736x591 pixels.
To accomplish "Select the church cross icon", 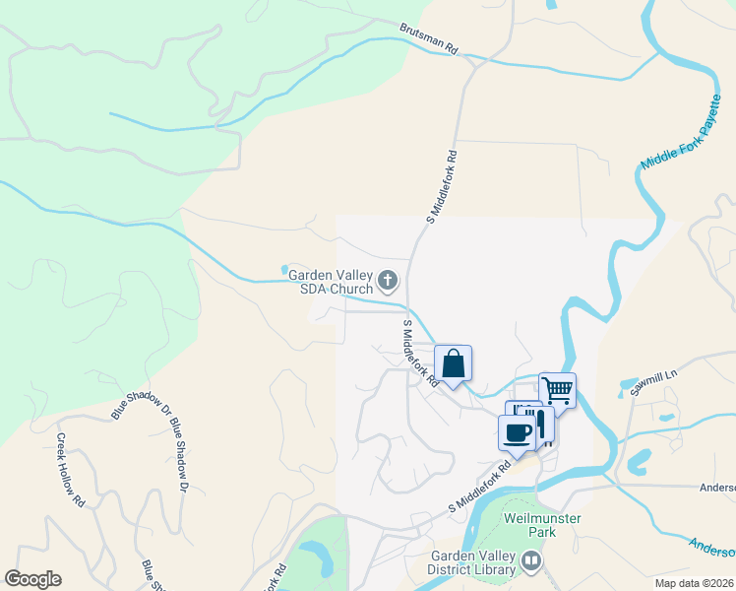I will pyautogui.click(x=389, y=283).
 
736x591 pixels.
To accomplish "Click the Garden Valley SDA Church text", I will pyautogui.click(x=331, y=282).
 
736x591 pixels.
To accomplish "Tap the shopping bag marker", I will pyautogui.click(x=453, y=363).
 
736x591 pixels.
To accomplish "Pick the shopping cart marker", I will pyautogui.click(x=557, y=389).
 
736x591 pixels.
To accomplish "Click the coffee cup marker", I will pyautogui.click(x=518, y=431).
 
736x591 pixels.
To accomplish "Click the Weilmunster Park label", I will pyautogui.click(x=542, y=524).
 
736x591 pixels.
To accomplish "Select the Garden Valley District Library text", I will pyautogui.click(x=471, y=561).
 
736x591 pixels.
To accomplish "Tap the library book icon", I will pyautogui.click(x=532, y=561).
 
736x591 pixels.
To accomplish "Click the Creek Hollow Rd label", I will pyautogui.click(x=68, y=469).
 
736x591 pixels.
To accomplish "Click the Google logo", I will pyautogui.click(x=32, y=579).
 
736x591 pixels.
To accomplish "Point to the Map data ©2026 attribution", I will pyautogui.click(x=695, y=583).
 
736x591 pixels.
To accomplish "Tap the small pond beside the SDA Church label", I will pyautogui.click(x=285, y=269).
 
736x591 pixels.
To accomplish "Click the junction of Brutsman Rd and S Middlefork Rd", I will pyautogui.click(x=474, y=60).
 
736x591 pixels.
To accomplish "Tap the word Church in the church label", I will pyautogui.click(x=351, y=289).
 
